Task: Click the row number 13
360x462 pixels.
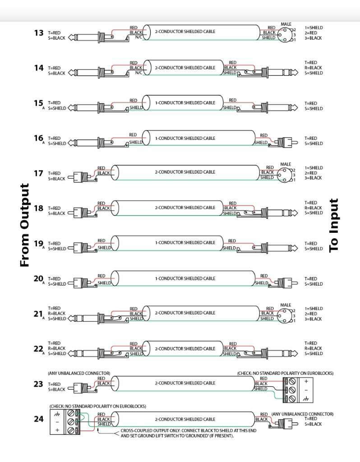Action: pos(38,32)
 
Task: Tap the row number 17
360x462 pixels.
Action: pos(38,173)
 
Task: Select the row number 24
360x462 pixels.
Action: pos(38,419)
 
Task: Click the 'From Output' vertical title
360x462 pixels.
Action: pos(24,225)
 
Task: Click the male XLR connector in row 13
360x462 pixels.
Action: pos(286,34)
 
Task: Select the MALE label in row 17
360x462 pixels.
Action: pos(286,165)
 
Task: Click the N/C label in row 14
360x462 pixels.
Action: pos(138,73)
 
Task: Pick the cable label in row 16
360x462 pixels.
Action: pos(185,139)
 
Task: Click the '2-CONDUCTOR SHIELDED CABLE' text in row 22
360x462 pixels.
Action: pos(185,348)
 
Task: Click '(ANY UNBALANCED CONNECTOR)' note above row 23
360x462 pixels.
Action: pos(79,373)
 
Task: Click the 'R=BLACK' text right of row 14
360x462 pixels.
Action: pos(313,68)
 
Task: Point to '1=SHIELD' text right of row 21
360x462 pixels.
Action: pos(313,309)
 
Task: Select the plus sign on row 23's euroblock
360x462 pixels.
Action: pos(306,381)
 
